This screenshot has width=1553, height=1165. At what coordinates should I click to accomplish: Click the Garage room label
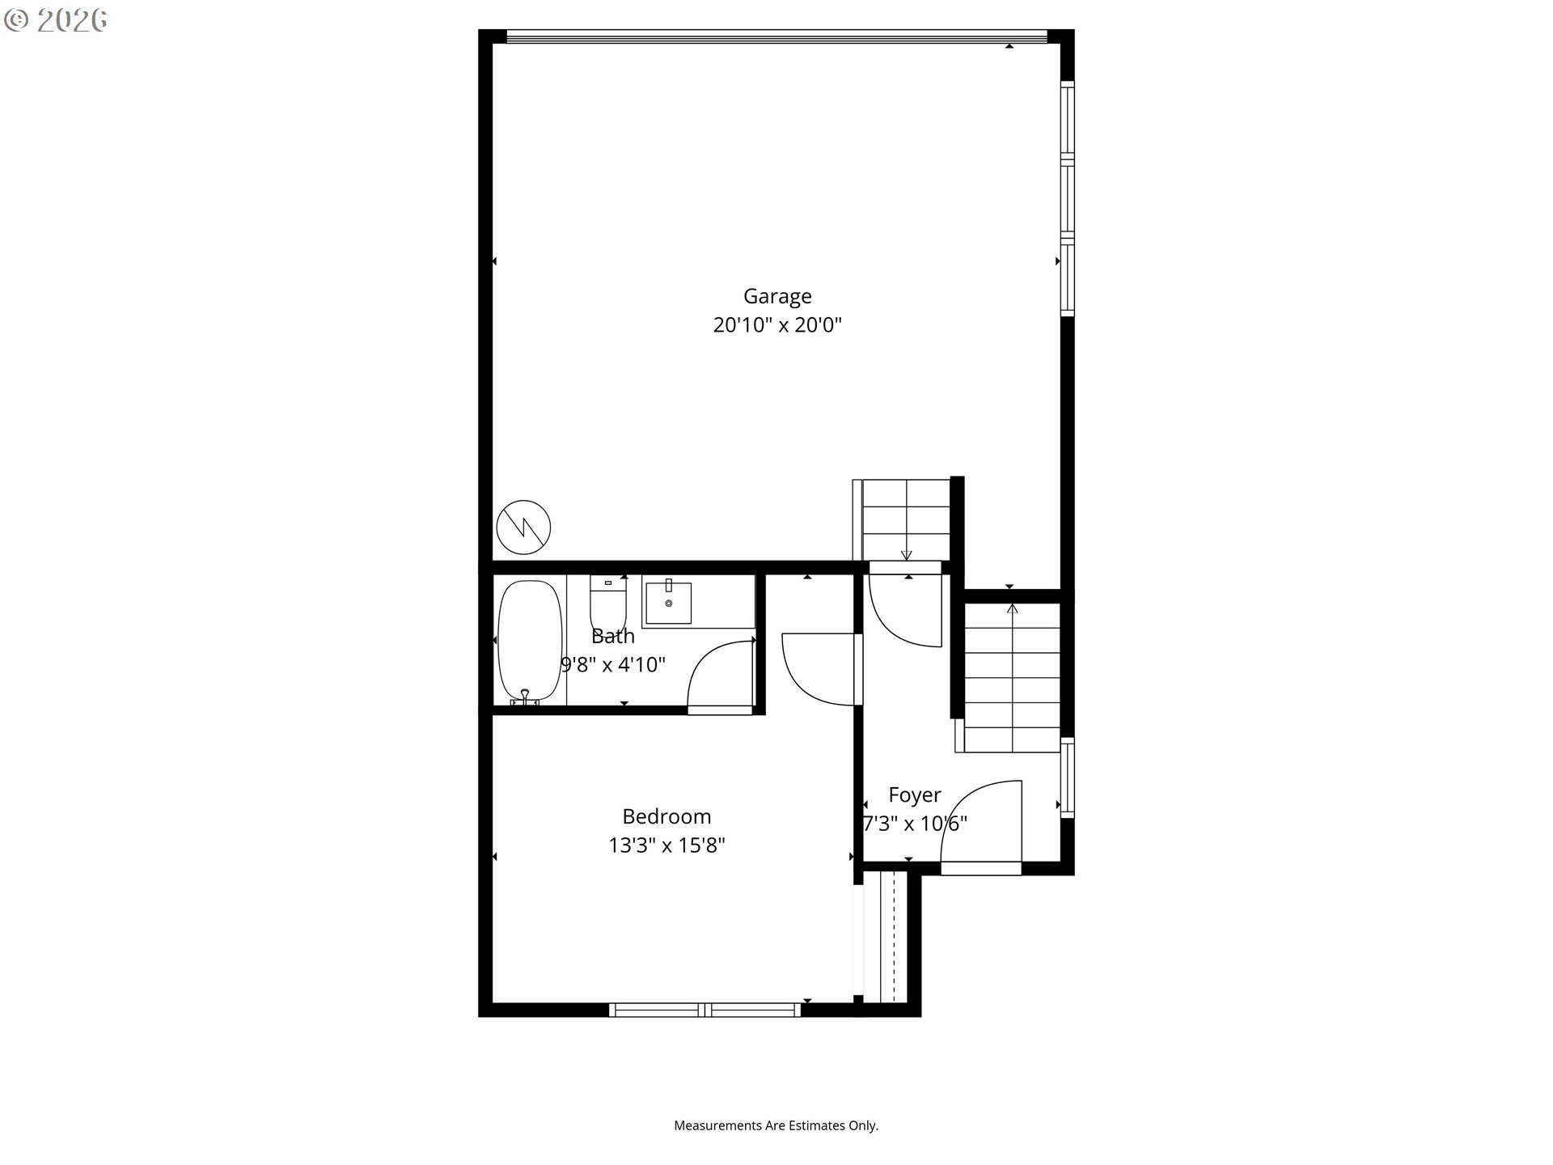click(777, 297)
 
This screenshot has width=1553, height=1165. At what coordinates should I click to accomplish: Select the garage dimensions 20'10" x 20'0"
click(777, 325)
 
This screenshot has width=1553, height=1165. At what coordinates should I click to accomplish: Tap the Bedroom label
click(666, 816)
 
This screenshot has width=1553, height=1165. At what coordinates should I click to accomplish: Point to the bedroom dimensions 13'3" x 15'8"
click(666, 845)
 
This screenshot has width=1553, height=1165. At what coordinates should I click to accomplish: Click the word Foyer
click(915, 795)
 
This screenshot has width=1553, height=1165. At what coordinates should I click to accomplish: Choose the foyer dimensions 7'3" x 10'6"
click(915, 824)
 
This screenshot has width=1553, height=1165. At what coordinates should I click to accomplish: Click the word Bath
click(613, 637)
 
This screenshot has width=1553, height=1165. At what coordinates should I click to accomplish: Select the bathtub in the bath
click(530, 642)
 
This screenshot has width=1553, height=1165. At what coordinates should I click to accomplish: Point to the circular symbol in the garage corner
click(523, 527)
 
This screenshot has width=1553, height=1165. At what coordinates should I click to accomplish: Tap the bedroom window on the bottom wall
click(705, 1010)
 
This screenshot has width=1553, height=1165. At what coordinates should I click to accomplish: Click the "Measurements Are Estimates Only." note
click(776, 1125)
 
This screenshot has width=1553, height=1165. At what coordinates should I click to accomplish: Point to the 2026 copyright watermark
click(56, 20)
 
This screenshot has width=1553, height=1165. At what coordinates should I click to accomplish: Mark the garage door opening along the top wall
click(776, 36)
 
